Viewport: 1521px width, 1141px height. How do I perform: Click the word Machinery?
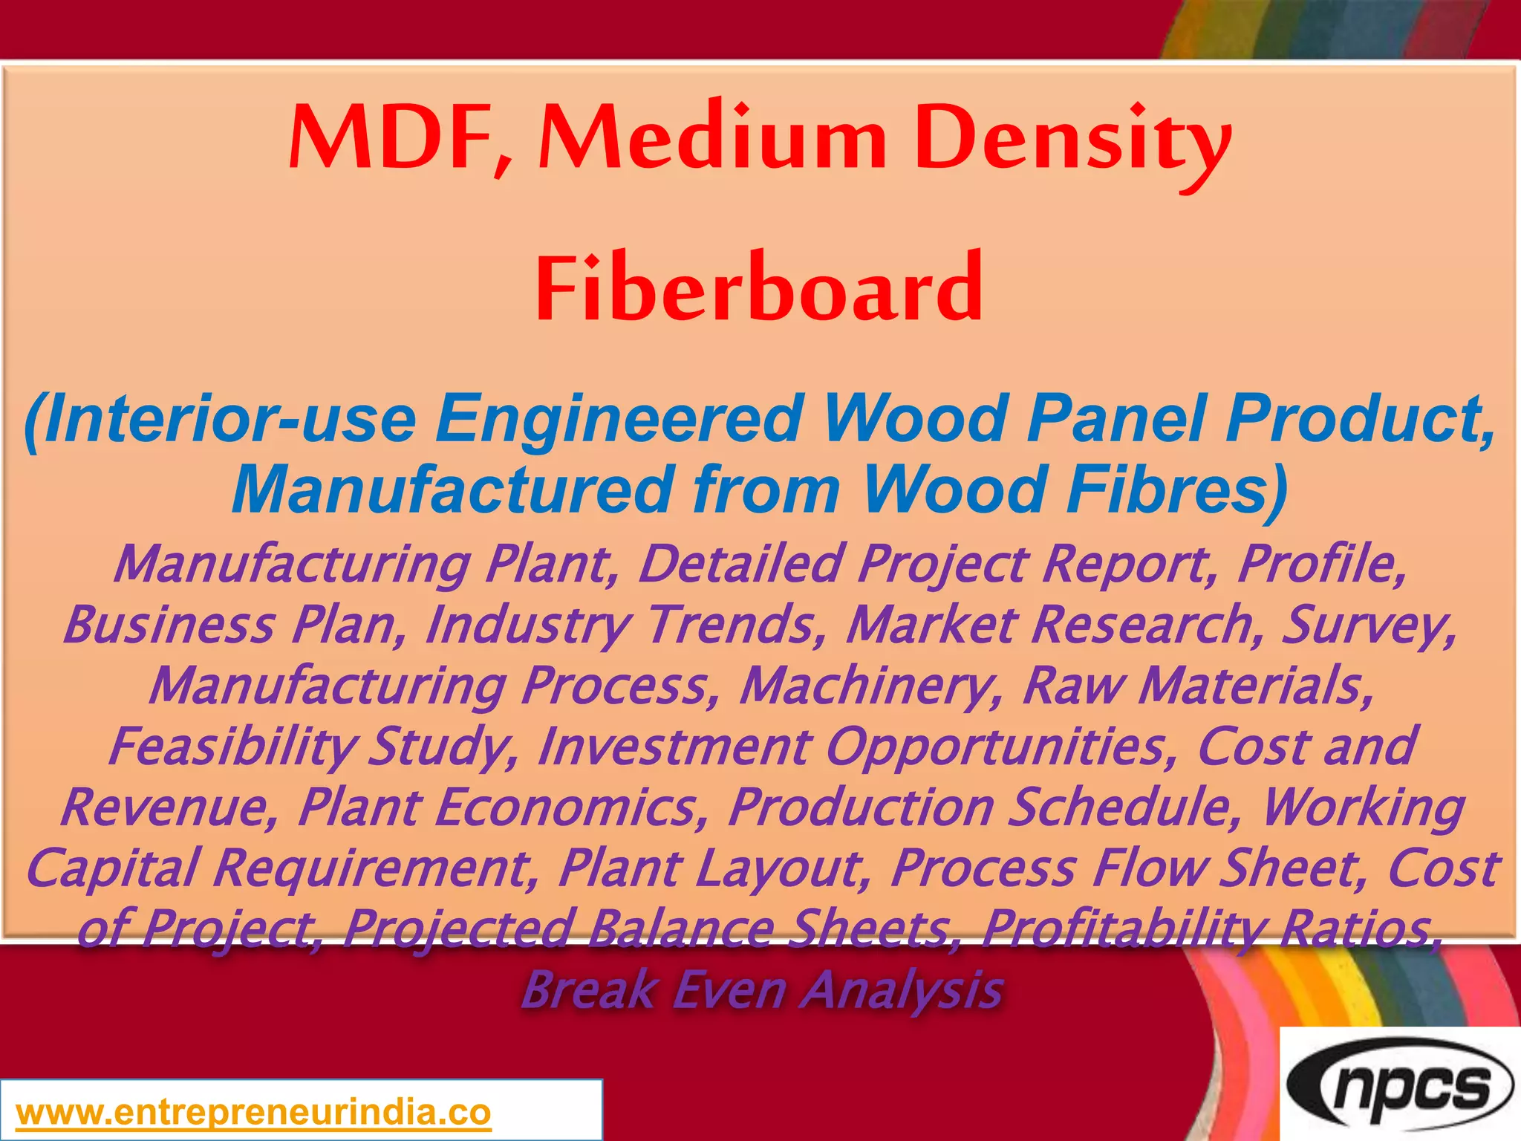click(x=870, y=686)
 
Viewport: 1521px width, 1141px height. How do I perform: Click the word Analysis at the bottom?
click(x=902, y=990)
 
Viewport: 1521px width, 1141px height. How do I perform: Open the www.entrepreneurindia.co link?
click(x=253, y=1112)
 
